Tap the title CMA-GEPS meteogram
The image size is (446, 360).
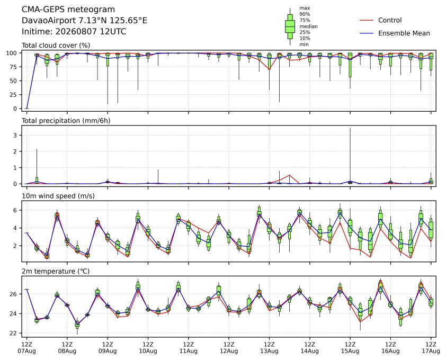coord(68,10)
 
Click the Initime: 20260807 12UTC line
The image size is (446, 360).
coord(74,31)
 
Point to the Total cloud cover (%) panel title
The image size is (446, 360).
coord(56,46)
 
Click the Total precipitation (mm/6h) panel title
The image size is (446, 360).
coord(66,121)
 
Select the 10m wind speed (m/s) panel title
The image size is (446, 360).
coord(58,196)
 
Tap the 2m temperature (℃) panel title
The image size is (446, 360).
coord(56,271)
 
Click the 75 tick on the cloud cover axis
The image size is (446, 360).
coord(13,67)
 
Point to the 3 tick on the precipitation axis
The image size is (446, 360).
coord(16,136)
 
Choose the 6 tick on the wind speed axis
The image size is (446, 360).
coord(16,210)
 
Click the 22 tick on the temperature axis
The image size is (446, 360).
coord(13,333)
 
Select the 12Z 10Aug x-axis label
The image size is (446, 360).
coord(148,348)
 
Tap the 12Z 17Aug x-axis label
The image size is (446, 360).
coord(431,348)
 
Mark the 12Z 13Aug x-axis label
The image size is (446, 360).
coord(269,348)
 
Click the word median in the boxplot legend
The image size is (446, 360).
coord(308,26)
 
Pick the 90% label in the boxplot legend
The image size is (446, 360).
coord(305,14)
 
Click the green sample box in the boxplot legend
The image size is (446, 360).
coord(290,26)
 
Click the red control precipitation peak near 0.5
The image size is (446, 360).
coord(289,175)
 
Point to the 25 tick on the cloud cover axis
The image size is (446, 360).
coord(13,95)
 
